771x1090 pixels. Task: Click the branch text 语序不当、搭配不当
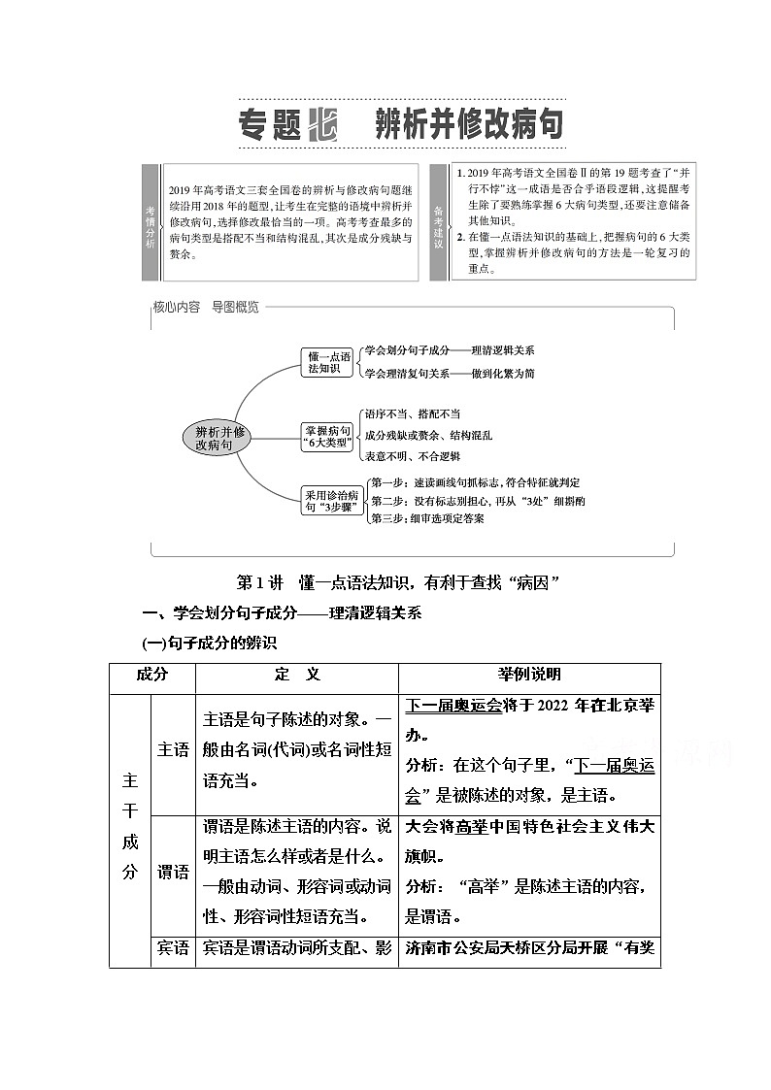(x=412, y=414)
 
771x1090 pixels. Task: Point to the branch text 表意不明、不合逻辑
(x=412, y=456)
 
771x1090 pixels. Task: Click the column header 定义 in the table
(x=297, y=675)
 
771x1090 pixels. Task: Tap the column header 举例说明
(x=529, y=675)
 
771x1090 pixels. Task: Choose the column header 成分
(x=152, y=675)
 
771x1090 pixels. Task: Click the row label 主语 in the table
(x=173, y=750)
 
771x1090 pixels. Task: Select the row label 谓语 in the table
(x=173, y=872)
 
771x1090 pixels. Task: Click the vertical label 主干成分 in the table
(x=130, y=830)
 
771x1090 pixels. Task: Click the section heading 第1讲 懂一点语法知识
(x=399, y=582)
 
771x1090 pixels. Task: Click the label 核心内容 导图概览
(x=206, y=307)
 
